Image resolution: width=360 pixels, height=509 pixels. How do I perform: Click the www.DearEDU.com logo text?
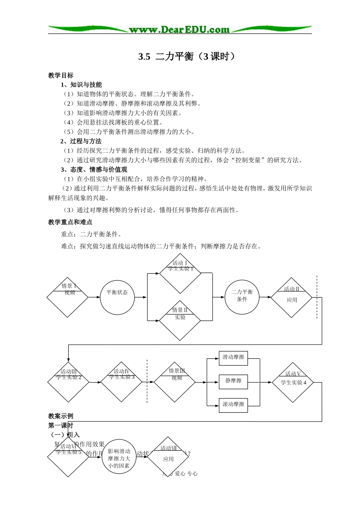179,30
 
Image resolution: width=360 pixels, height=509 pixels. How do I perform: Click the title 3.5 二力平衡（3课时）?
186,56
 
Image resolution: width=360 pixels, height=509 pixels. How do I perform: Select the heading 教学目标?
61,75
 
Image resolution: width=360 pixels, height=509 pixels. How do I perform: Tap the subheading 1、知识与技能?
81,85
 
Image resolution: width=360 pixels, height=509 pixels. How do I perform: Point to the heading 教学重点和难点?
70,222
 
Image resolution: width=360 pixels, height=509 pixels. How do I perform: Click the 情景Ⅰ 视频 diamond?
67,297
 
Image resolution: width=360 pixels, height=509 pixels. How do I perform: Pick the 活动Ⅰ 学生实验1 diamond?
180,273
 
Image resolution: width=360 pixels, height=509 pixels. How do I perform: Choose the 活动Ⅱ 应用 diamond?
291,298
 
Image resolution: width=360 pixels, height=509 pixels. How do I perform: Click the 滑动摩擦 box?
233,358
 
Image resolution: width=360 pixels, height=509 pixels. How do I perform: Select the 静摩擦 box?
233,381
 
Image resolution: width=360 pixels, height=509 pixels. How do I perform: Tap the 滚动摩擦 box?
233,404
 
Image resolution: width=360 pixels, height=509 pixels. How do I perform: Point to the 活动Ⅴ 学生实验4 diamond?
293,382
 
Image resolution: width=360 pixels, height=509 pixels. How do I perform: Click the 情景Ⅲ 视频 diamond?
174,382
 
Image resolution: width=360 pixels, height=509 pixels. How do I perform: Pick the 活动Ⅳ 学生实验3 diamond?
121,382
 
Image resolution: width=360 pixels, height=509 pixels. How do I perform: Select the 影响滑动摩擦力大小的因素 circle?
119,457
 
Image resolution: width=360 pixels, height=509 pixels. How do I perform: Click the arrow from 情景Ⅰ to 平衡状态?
94,297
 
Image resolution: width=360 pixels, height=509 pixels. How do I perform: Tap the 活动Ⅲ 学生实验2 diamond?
68,382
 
